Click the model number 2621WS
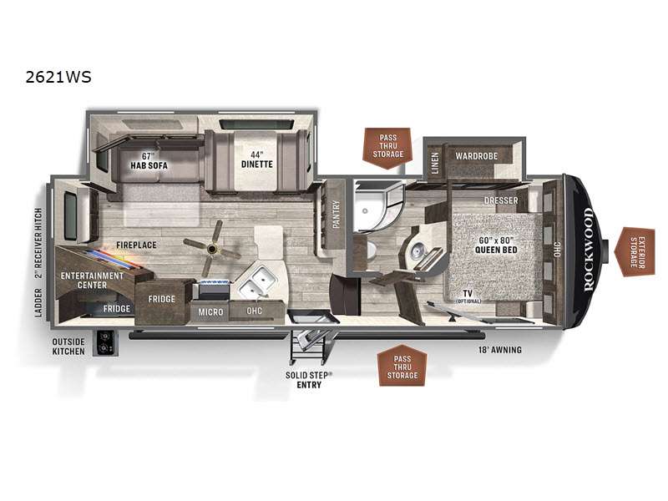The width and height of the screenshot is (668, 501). pos(58,77)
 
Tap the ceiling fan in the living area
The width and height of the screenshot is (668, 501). pos(212,248)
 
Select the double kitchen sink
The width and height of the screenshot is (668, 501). pos(257,282)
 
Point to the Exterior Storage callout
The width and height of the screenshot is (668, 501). pos(635,252)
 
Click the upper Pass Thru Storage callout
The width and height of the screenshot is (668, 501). pos(387,147)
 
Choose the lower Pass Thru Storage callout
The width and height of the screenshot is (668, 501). pos(402,367)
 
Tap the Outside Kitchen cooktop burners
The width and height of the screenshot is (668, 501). pos(104,343)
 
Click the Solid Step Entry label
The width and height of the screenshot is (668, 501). pos(309,380)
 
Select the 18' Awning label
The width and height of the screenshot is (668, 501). pos(499,350)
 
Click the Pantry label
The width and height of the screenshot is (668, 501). pos(337,214)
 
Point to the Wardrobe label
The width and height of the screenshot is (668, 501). pos(476,156)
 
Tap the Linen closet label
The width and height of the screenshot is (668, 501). pos(434,163)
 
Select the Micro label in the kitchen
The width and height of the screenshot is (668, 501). pos(210,312)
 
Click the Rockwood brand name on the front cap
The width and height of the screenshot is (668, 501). pos(588,249)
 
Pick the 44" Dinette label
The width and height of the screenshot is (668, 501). pos(257,159)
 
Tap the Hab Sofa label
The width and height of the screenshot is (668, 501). pos(149,160)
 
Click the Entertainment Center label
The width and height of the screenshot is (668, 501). pos(92,281)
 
